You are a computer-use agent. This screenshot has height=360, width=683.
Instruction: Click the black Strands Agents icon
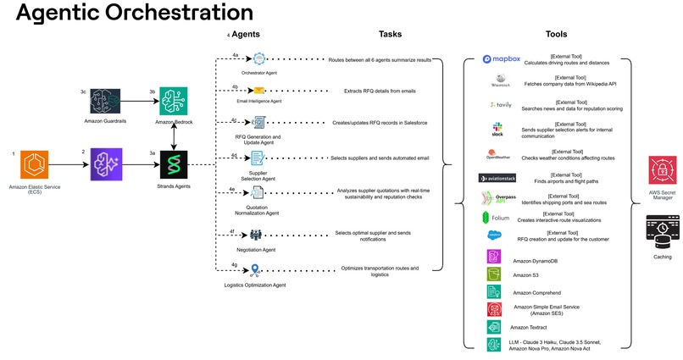174,163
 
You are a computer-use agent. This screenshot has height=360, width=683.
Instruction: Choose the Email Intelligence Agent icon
259,90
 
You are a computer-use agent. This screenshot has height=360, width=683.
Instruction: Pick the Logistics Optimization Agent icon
254,270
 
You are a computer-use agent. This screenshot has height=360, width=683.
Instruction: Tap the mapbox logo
500,59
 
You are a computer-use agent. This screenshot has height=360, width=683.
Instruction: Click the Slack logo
497,128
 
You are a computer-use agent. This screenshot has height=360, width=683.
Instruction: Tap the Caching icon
662,230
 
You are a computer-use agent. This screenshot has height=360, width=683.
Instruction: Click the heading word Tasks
391,35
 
